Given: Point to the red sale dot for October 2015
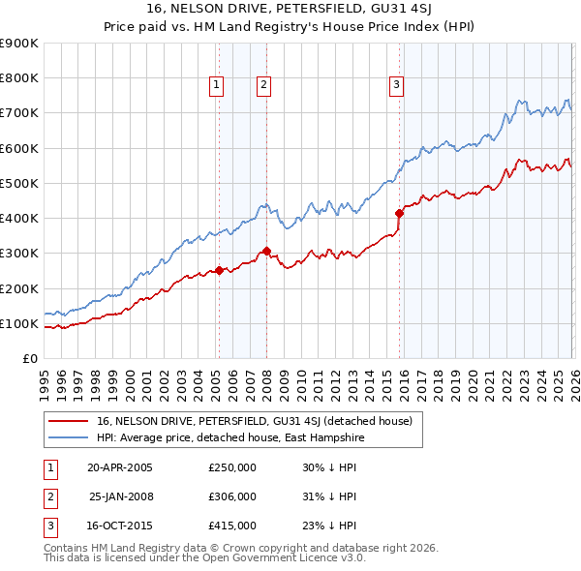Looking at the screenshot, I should [x=399, y=213].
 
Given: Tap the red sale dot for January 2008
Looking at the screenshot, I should [x=266, y=251].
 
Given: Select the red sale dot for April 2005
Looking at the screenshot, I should [x=219, y=270].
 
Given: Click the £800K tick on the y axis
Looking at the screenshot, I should [x=19, y=78].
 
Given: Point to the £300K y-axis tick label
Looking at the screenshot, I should [x=19, y=254].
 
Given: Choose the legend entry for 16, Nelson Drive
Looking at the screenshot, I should [x=255, y=421].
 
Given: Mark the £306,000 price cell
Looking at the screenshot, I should [x=232, y=496].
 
